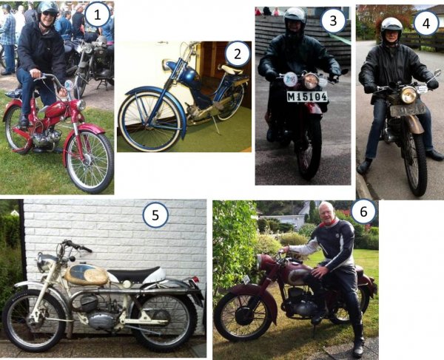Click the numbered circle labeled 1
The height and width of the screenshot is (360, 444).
click(97, 15)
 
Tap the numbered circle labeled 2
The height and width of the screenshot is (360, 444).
click(238, 54)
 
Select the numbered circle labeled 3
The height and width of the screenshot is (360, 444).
click(333, 21)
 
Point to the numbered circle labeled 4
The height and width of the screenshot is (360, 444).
click(426, 23)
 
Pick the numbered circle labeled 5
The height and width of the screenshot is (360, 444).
click(155, 215)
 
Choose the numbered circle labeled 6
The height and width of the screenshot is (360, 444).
click(363, 211)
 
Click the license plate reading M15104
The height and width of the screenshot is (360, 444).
click(308, 97)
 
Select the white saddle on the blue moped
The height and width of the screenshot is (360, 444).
click(230, 69)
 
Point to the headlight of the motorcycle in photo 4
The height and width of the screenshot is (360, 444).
click(408, 95)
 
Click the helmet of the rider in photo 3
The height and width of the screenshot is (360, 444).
click(295, 18)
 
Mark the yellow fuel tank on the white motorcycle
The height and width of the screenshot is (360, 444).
click(87, 274)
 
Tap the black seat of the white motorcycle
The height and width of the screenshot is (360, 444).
click(133, 274)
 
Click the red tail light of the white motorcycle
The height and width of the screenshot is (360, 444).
click(195, 279)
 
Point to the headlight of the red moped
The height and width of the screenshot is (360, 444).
click(81, 105)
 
